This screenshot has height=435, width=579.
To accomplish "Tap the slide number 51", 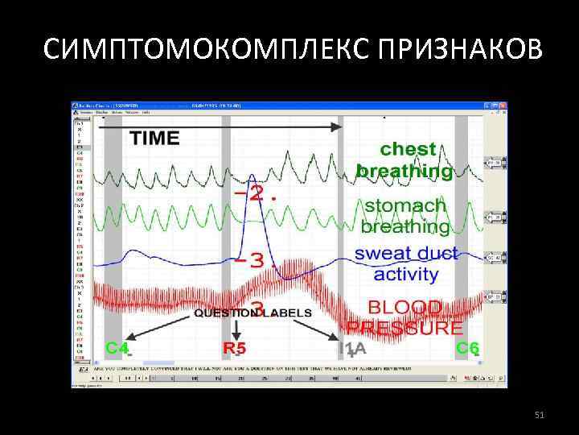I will click(x=540, y=414).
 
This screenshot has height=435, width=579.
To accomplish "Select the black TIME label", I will click(x=154, y=138).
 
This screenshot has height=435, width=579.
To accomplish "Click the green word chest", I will click(x=408, y=150).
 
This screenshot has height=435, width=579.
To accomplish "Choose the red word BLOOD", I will click(x=404, y=308).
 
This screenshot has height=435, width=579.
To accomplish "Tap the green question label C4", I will click(x=118, y=348).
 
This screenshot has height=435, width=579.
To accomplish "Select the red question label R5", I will click(x=234, y=349).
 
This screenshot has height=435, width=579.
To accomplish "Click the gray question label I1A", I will click(x=352, y=349).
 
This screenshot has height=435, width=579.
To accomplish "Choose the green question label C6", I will click(x=467, y=348).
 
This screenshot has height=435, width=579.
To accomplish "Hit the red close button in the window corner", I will click(x=502, y=106).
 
